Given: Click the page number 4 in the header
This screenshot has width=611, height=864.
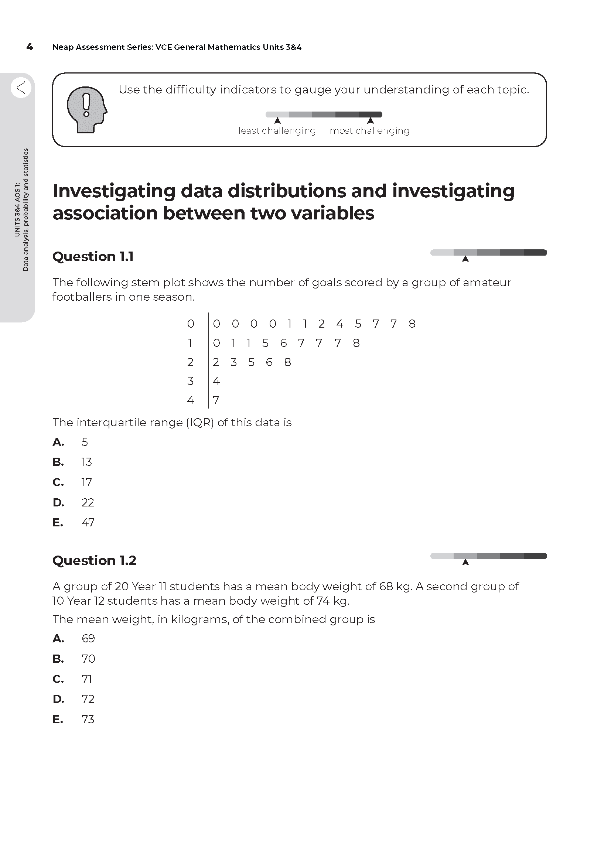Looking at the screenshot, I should pos(29,47).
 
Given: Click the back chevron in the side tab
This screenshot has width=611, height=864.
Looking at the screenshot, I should pos(21,88).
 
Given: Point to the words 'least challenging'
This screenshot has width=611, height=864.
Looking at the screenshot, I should pos(277,130).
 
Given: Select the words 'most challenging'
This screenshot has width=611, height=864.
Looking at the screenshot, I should pos(369,130).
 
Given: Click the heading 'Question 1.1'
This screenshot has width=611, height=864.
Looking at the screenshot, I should pos(93,257).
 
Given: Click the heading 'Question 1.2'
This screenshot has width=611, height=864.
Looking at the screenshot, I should pos(94,560).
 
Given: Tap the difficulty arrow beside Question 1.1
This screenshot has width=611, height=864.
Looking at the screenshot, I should pos(465,259).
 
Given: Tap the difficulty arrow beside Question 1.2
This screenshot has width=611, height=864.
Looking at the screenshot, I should pos(465,562).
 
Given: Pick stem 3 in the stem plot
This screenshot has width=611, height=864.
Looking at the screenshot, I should pos(190,381).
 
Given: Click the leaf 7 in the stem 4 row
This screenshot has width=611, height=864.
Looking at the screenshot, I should pos(216,400).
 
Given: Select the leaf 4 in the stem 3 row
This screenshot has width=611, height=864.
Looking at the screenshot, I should pos(216,381).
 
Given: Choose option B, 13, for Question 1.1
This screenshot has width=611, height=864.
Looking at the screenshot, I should pos(86,462).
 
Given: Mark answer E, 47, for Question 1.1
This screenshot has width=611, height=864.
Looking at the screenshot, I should pos(88,522).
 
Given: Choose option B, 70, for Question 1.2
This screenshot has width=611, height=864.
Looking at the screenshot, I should pos(88,659).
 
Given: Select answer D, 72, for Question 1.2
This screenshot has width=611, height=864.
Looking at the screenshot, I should pos(88,699).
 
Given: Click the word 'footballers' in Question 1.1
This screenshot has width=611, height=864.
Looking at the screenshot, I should pos(82,297).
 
